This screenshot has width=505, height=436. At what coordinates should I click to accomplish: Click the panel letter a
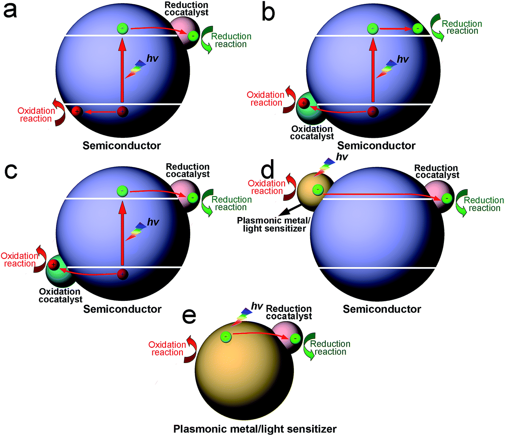click(10, 10)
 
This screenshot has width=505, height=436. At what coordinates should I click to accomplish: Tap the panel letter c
click(10, 171)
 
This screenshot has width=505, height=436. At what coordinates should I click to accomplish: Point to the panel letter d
click(267, 170)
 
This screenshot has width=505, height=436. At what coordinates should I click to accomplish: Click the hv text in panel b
click(403, 59)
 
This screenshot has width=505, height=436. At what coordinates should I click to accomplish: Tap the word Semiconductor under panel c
click(122, 309)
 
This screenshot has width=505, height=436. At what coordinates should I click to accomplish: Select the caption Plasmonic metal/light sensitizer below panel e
click(255, 429)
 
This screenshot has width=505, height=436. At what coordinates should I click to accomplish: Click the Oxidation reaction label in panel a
click(36, 115)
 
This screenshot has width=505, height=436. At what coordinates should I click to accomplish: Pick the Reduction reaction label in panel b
click(462, 27)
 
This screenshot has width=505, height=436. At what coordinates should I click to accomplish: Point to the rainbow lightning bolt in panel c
click(136, 231)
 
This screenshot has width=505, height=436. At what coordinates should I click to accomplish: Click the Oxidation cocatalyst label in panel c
click(60, 295)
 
